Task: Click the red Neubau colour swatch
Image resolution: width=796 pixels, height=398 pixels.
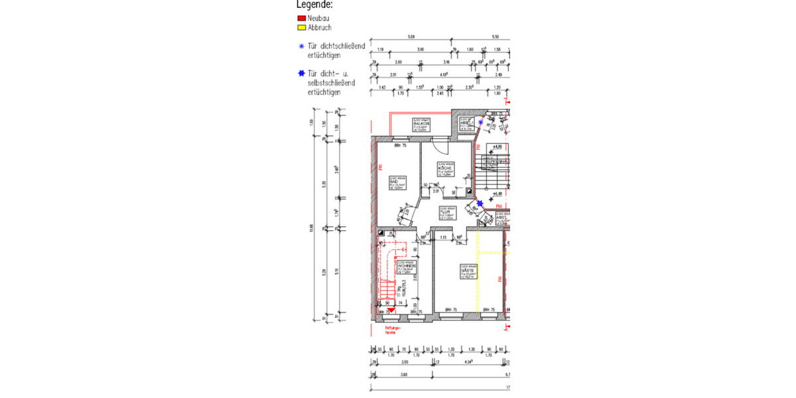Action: pos(301,19)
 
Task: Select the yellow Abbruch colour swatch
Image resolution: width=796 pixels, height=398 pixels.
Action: pos(301,28)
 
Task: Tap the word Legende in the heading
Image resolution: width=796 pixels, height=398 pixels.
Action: pos(314,5)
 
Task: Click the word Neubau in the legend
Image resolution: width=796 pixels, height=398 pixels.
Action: pos(318,19)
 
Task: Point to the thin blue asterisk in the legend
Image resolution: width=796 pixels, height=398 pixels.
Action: pos(301,46)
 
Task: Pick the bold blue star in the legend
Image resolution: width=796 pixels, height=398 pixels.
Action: pos(301,74)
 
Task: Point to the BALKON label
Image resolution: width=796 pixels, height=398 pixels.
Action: pos(422,124)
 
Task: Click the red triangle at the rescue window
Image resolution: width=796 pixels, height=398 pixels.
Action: pos(391,308)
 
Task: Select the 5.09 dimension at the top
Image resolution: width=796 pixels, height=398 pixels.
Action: pos(411,36)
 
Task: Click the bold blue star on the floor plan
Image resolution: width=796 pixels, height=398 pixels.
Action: pos(480,204)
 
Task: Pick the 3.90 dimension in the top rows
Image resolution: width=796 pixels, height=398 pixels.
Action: pos(420,50)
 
